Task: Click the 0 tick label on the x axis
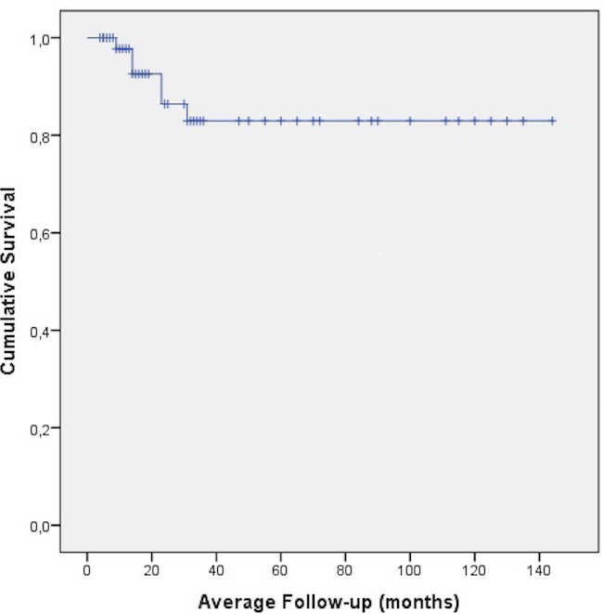[87, 569]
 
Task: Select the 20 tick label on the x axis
[151, 569]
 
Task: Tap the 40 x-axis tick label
[216, 569]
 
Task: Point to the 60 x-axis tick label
[280, 569]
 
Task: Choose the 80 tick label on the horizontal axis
[345, 569]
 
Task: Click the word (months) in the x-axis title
[417, 602]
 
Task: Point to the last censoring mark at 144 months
[552, 121]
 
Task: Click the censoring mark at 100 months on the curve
[410, 121]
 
